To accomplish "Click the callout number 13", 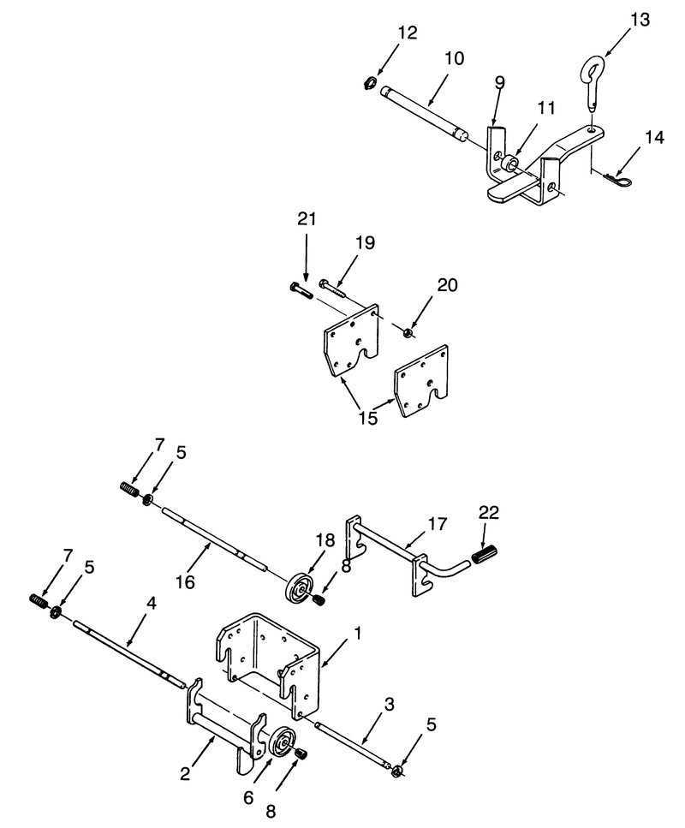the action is pos(640,20).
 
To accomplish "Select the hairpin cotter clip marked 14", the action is pos(617,182).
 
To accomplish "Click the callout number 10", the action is pos(454,58).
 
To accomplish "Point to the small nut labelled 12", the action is pos(370,82).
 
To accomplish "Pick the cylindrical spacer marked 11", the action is pos(510,164).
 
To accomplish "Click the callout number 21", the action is pos(307,218).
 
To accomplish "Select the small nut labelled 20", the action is pos(408,333).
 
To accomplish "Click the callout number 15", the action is pos(368,418).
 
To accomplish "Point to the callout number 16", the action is pos(185,582).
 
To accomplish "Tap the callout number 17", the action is pos(438,524).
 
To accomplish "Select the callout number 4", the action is pos(152,603).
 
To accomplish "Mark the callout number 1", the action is pos(358,632).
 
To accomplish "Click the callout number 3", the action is pos(390,705).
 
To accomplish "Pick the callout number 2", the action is pos(184,774).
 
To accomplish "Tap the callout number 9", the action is pos(500,83).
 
